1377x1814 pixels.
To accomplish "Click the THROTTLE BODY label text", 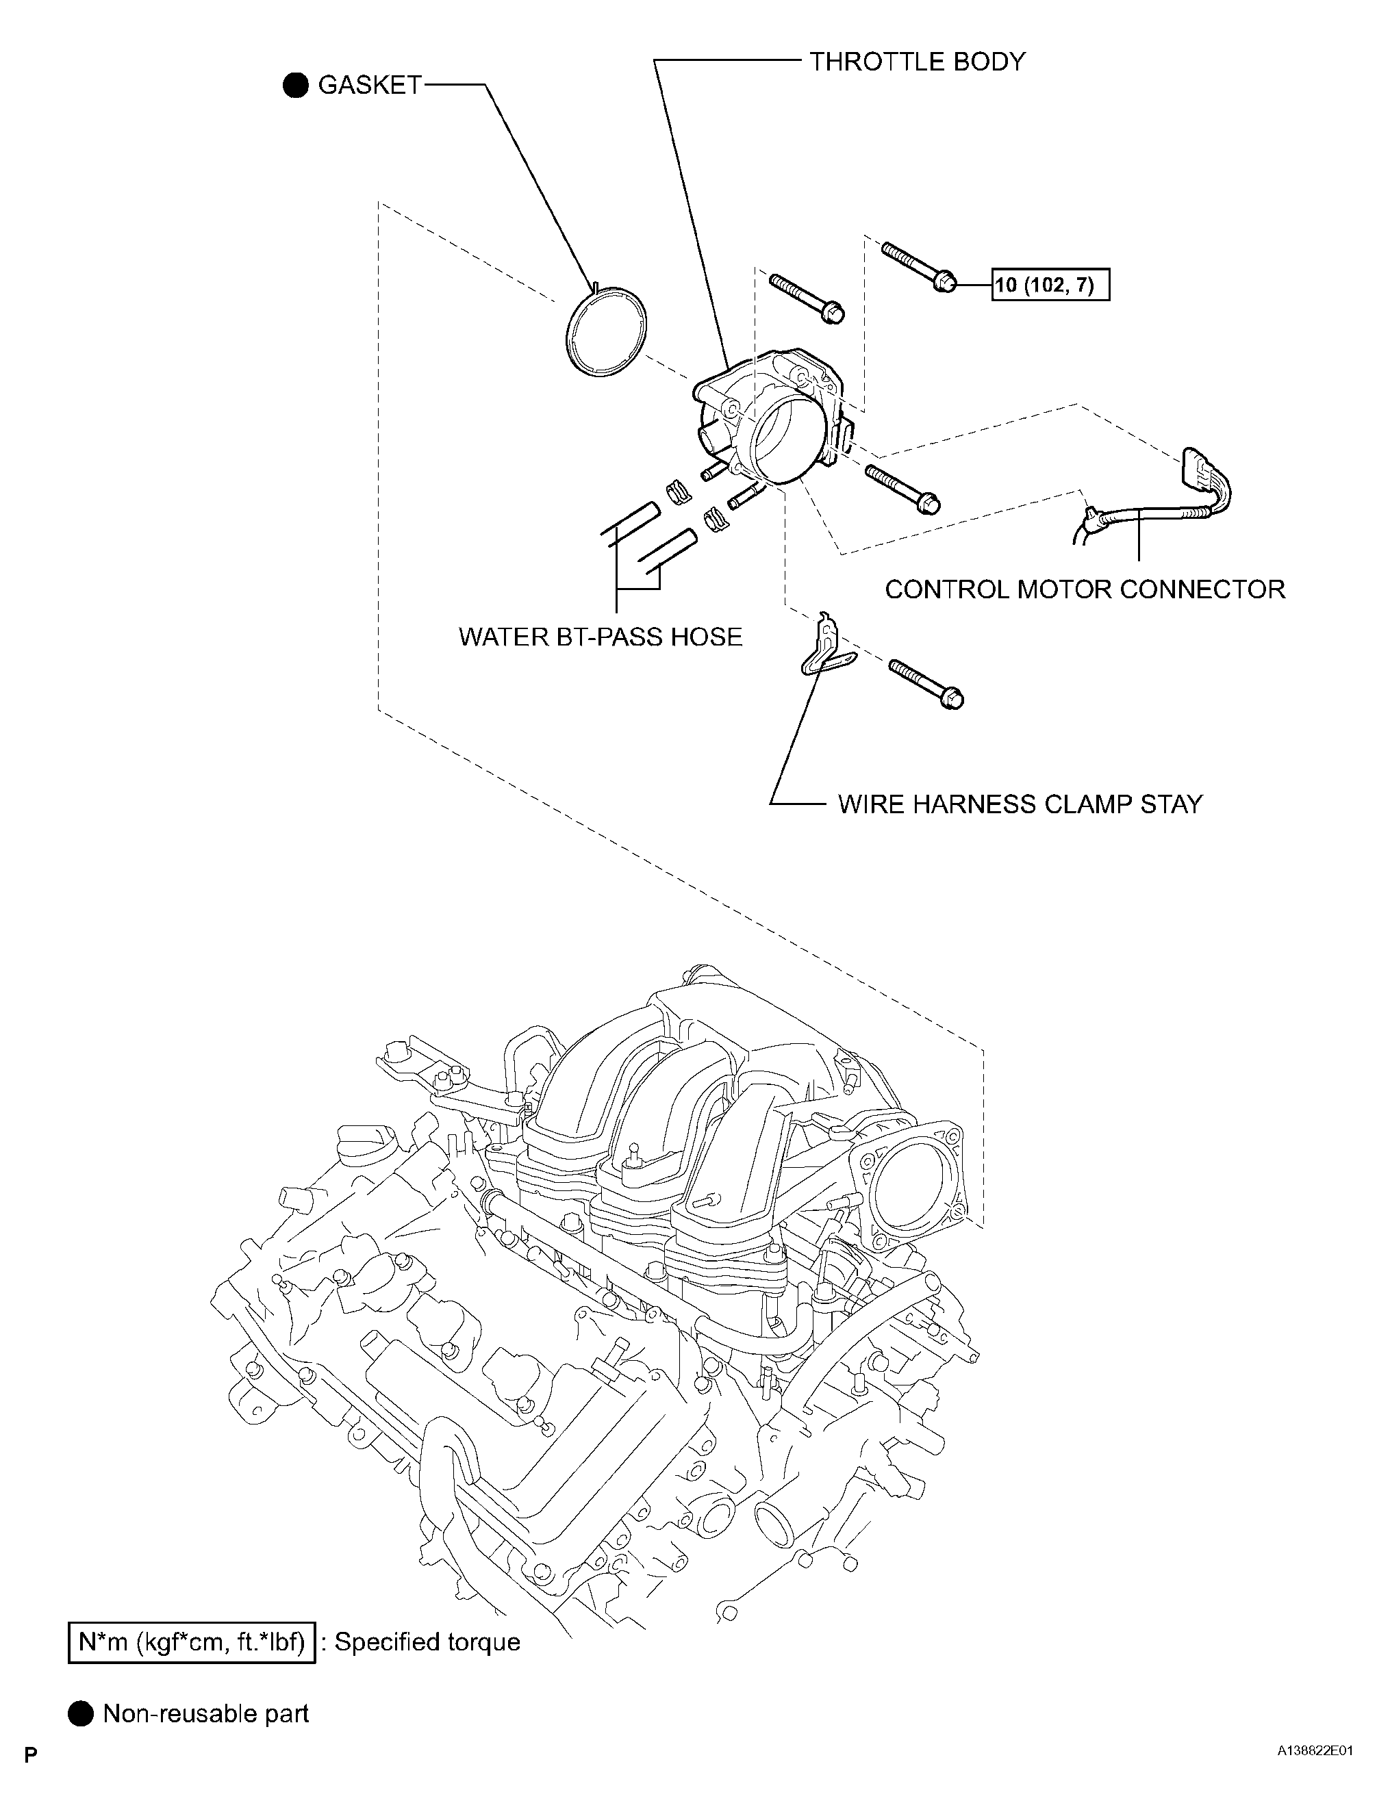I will pos(917,62).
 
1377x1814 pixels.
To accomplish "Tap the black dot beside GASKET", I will pos(295,86).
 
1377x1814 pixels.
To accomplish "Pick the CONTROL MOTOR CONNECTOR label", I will pos(1084,589).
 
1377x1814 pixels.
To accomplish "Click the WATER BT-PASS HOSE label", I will pos(601,637).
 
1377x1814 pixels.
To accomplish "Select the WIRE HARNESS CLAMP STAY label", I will pos(1020,804).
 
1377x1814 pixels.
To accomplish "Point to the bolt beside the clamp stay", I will pos(926,683).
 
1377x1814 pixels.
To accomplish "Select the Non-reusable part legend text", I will pos(206,1714).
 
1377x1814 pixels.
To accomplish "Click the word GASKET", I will pos(369,86).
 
